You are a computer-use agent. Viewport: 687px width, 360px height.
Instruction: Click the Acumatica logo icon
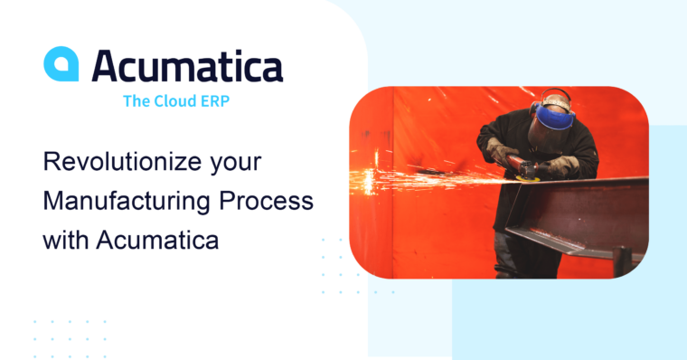[61, 64]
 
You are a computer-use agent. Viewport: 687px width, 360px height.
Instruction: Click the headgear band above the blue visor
[554, 97]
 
